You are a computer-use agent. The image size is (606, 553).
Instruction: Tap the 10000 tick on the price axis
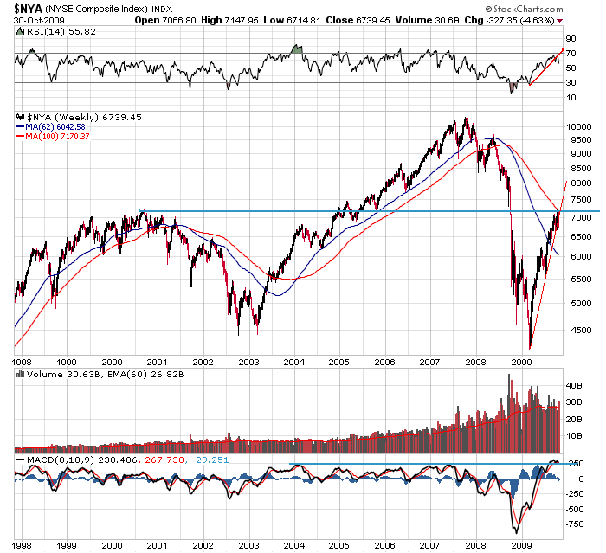pos(578,126)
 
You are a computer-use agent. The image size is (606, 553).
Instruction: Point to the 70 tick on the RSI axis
pos(571,54)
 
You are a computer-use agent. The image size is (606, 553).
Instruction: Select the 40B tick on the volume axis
pos(573,384)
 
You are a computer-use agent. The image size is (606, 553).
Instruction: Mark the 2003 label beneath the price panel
pos(249,362)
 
